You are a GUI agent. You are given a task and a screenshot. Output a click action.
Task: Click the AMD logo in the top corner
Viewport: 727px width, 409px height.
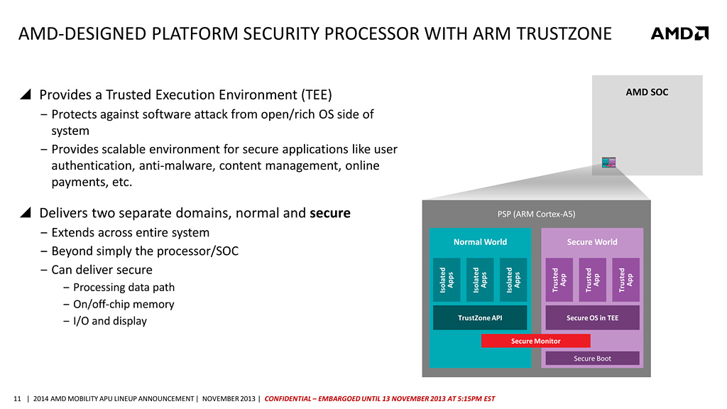coord(679,33)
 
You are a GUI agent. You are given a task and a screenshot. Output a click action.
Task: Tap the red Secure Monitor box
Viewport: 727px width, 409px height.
coord(535,341)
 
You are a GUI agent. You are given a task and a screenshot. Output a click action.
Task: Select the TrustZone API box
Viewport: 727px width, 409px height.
coord(480,317)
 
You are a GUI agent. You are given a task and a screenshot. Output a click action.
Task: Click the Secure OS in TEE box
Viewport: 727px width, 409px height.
coord(592,317)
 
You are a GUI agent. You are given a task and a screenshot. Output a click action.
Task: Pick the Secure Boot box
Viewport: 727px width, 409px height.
coord(592,359)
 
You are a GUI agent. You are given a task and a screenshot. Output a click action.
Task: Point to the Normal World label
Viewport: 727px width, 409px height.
coord(480,242)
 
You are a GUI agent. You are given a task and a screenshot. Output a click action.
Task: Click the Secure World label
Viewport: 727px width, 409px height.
coord(592,242)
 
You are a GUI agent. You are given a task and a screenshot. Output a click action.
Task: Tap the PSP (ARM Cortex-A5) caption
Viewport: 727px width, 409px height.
coord(536,214)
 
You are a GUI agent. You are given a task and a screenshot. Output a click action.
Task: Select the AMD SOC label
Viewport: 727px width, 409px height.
coord(647,92)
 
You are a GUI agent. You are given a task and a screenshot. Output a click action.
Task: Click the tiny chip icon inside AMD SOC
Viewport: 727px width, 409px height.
coord(608,163)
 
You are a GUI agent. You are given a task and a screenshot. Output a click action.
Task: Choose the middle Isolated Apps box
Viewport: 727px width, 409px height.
coord(480,280)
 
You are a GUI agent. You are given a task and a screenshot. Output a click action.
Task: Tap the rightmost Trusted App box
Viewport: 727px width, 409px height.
coord(625,280)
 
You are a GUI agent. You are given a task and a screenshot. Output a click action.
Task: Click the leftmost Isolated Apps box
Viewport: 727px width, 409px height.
coord(447,280)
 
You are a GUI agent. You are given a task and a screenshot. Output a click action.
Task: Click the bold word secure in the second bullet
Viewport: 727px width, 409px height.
coord(330,213)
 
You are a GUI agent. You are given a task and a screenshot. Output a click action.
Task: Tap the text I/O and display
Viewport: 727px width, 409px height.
coord(110,321)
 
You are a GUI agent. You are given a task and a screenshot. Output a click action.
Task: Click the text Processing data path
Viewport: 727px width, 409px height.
coord(124,288)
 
